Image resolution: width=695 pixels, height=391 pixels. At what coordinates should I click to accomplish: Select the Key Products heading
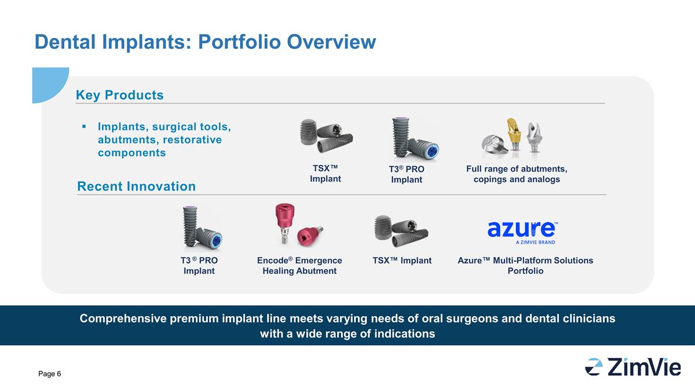click(x=119, y=95)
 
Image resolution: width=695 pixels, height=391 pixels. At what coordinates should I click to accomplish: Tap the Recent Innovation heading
click(x=136, y=186)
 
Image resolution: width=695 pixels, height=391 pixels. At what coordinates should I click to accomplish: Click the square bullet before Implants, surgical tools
click(x=84, y=126)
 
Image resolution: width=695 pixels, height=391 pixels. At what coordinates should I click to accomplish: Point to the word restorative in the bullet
click(x=192, y=140)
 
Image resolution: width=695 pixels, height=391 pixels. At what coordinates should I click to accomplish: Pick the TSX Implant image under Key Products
click(x=326, y=136)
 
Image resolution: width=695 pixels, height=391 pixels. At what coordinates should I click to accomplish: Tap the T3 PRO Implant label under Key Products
click(x=407, y=174)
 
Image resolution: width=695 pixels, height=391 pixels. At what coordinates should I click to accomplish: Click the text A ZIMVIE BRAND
click(x=536, y=242)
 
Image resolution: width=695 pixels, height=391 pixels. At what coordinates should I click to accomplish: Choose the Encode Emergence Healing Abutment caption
click(x=299, y=265)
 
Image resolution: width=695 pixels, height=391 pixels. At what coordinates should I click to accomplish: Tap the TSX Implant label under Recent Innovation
click(x=402, y=260)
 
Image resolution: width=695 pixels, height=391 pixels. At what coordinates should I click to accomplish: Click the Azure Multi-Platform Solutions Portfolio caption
click(x=525, y=265)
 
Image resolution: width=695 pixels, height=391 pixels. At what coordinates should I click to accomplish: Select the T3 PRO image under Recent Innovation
click(x=202, y=228)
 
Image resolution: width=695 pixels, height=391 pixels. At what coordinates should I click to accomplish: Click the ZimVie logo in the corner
click(x=632, y=367)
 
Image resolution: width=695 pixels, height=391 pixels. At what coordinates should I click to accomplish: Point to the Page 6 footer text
click(x=50, y=374)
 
